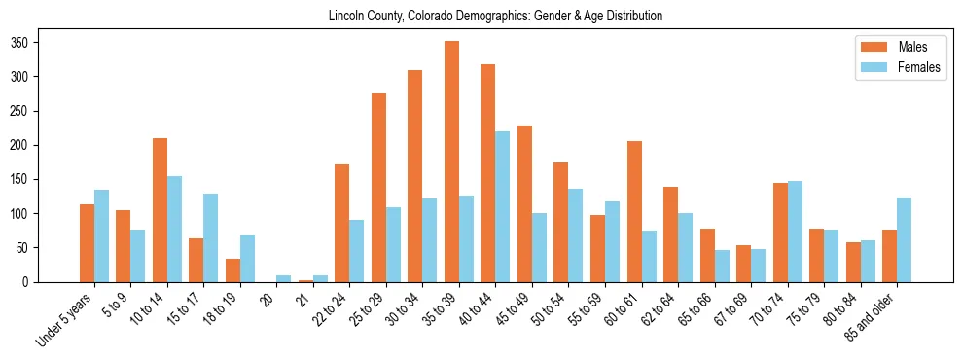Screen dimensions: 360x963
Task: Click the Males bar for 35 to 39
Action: coord(451,162)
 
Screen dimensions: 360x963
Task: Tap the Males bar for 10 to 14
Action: coord(160,210)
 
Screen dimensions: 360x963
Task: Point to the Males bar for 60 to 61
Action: coord(634,211)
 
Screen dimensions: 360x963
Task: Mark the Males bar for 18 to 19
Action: coord(232,270)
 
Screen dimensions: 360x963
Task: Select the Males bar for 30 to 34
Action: coord(415,176)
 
